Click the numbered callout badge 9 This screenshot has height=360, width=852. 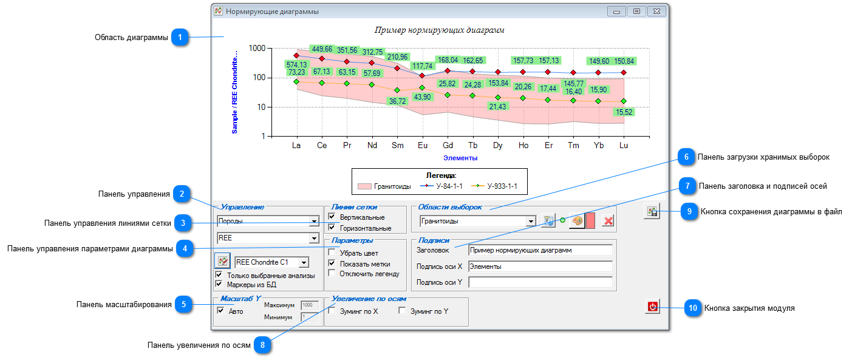pos(689,211)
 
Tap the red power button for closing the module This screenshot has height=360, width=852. pos(652,307)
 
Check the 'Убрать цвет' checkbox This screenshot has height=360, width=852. pos(332,252)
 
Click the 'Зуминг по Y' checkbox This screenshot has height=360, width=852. pos(402,311)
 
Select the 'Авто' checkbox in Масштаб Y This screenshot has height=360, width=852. pos(220,311)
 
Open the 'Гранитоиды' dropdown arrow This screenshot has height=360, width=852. pos(531,221)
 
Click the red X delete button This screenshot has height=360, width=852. pos(608,221)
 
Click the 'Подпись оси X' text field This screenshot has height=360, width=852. pos(540,267)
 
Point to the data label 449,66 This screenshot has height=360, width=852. pos(322,49)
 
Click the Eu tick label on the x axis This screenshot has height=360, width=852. pos(423,145)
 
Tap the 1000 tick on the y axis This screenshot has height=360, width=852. pos(257,49)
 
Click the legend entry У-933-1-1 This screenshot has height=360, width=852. pos(494,186)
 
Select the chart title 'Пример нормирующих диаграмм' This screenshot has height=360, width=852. pos(439,30)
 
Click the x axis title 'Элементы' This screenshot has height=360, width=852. pos(460,158)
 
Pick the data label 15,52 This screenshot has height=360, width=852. pos(624,112)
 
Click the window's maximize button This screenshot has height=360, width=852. pos(636,12)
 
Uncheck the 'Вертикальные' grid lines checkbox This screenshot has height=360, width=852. pos(332,216)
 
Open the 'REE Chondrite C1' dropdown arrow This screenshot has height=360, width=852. pos(304,262)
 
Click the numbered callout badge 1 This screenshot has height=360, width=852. pos(180,37)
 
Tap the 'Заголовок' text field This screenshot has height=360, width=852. pos(540,250)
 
